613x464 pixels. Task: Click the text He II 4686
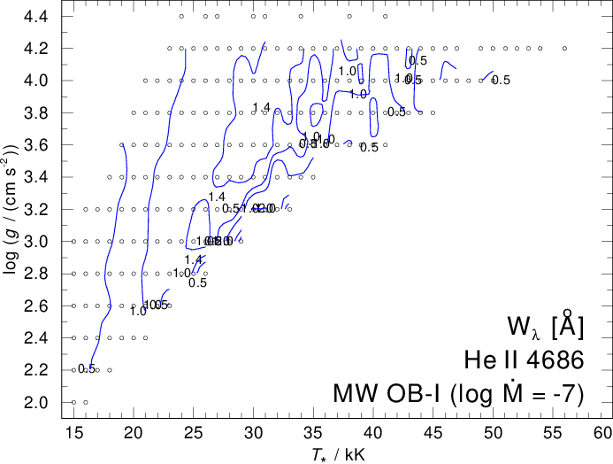click(523, 359)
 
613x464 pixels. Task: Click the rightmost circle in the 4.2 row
click(564, 49)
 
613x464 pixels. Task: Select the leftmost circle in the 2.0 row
click(73, 402)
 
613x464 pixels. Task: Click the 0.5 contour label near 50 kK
click(501, 81)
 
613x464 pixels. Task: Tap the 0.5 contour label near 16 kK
click(86, 369)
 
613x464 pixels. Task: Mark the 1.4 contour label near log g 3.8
click(261, 108)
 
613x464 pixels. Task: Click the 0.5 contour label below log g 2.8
click(198, 283)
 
